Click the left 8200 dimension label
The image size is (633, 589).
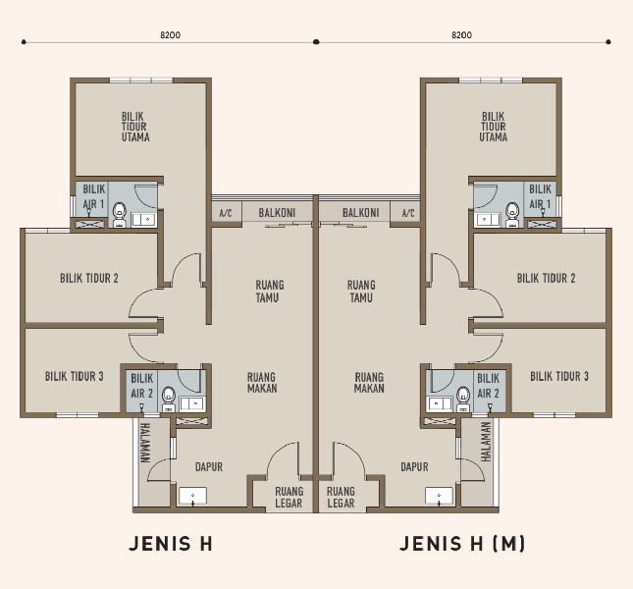(171, 35)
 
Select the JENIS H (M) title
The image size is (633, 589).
(462, 544)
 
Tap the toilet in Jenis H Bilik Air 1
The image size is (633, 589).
(119, 215)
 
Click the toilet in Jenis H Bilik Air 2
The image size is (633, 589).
(169, 399)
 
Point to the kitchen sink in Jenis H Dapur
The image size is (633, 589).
(192, 496)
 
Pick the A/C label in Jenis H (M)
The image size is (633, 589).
(408, 213)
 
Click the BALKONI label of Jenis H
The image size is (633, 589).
(277, 213)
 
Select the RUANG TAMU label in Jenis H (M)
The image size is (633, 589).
(361, 292)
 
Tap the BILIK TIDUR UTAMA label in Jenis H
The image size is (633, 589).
(135, 127)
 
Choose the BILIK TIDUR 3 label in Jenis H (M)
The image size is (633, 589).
(559, 376)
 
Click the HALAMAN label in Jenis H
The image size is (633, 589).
(144, 443)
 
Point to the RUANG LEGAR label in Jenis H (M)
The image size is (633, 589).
(341, 498)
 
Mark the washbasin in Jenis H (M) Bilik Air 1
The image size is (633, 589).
(488, 220)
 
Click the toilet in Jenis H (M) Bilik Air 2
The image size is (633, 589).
(463, 399)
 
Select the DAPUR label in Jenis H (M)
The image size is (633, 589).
(414, 467)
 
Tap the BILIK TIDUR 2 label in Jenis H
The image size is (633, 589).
(89, 278)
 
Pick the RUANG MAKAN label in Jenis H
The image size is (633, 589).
(262, 383)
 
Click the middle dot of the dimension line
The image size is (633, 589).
(316, 41)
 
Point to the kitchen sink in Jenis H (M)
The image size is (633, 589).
(439, 496)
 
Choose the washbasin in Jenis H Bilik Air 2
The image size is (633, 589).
(192, 403)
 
